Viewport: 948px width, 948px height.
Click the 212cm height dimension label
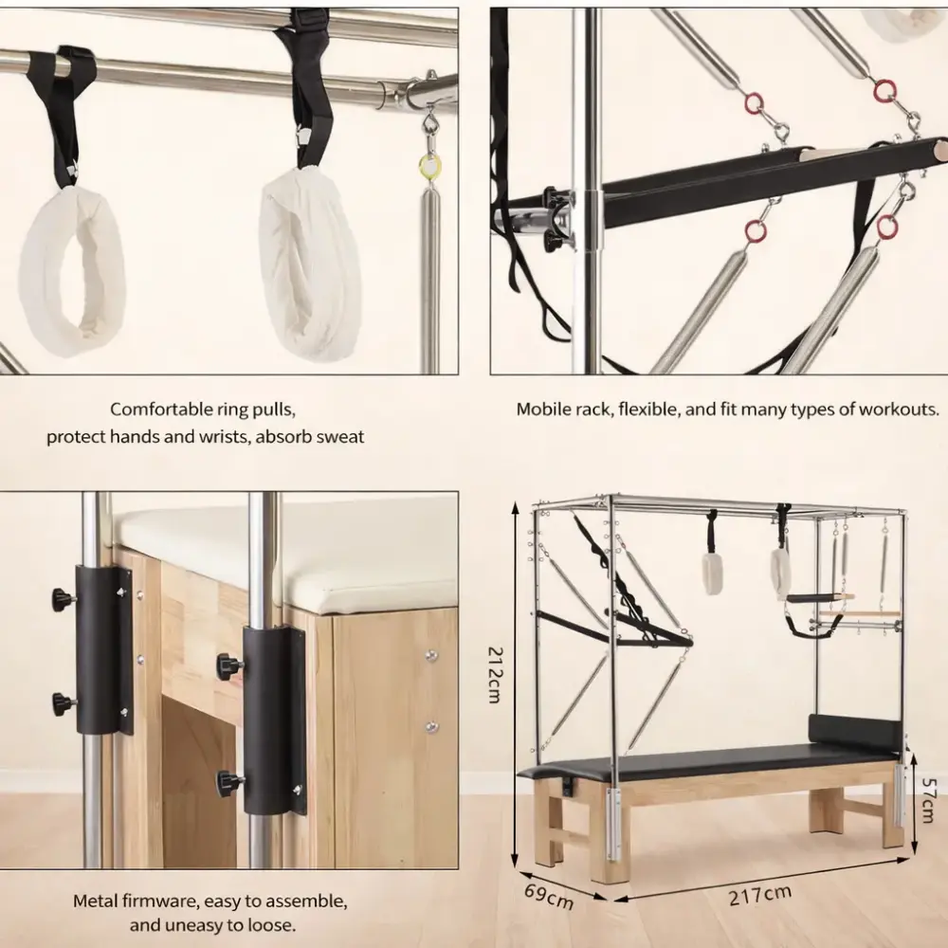pos(495,675)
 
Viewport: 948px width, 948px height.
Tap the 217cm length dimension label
pos(760,896)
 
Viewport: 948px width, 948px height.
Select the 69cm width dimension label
pos(548,896)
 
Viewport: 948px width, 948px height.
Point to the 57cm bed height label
pos(928,800)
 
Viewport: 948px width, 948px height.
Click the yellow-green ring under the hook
pos(429,164)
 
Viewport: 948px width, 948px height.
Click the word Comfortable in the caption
pos(161,410)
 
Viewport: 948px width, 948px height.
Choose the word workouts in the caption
pos(899,410)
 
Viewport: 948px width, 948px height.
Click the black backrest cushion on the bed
pos(853,732)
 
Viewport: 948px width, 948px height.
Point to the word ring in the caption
pos(233,410)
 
